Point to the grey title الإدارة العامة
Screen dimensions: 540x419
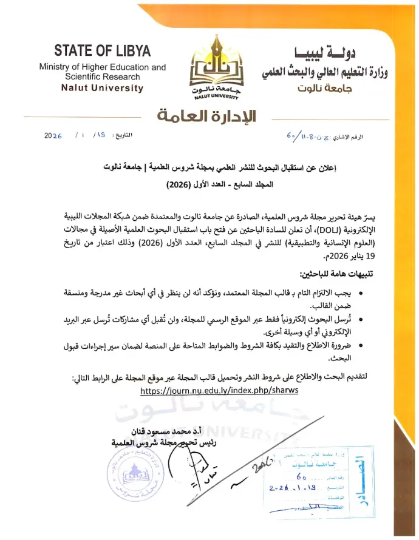[206, 115]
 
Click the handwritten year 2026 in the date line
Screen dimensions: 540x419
[53, 136]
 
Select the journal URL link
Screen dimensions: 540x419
[219, 391]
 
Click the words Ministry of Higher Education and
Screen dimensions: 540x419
[102, 67]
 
